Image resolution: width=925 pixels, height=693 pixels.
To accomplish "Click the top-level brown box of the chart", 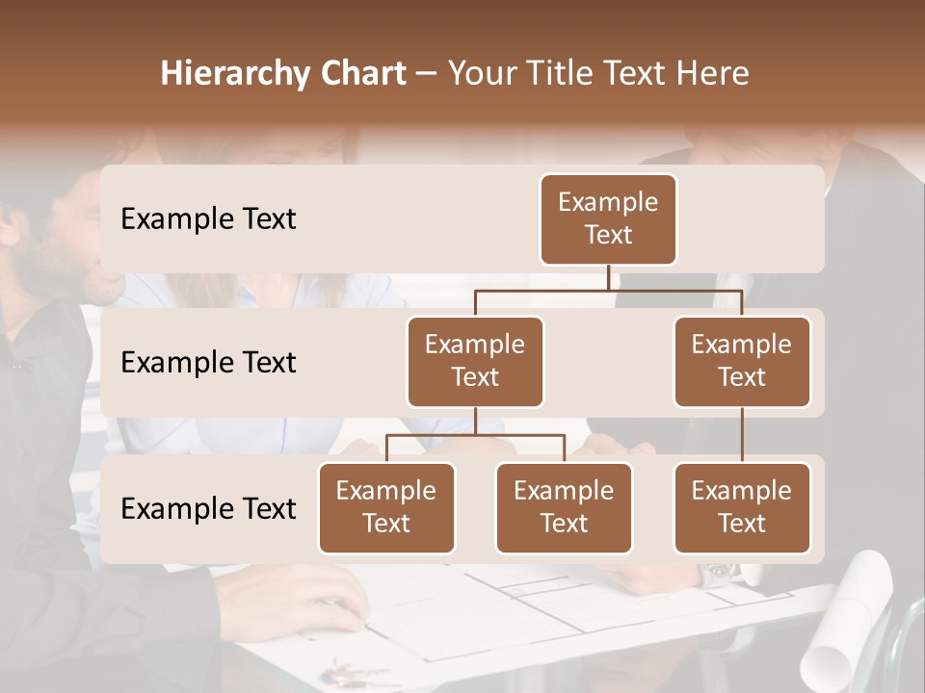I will pyautogui.click(x=608, y=219).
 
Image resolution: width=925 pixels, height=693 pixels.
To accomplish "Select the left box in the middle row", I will pyautogui.click(x=475, y=362).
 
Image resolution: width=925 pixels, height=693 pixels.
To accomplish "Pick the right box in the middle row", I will pyautogui.click(x=742, y=362).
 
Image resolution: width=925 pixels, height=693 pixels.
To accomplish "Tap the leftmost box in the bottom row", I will pyautogui.click(x=386, y=508).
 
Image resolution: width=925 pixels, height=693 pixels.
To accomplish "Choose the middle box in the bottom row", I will pyautogui.click(x=564, y=508).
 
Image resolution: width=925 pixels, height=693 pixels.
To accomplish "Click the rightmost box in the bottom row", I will pyautogui.click(x=742, y=508).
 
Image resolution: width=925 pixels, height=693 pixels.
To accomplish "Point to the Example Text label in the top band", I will pyautogui.click(x=208, y=219).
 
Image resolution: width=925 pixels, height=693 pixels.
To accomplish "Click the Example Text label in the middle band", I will pyautogui.click(x=208, y=363).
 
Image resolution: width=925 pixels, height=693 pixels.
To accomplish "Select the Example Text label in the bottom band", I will pyautogui.click(x=208, y=509).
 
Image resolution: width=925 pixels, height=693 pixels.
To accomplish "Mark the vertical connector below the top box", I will pyautogui.click(x=608, y=277).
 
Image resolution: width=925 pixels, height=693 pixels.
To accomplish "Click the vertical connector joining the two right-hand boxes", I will pyautogui.click(x=742, y=435).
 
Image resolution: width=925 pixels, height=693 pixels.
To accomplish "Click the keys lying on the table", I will pyautogui.click(x=355, y=671).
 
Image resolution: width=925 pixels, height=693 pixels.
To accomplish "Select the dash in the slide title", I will pyautogui.click(x=426, y=74).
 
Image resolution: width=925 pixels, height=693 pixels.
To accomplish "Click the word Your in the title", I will pyautogui.click(x=480, y=74).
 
